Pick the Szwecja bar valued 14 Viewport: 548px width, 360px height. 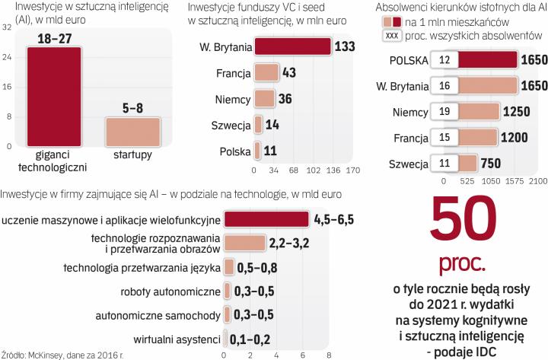click(259, 125)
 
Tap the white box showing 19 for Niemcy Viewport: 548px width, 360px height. click(444, 112)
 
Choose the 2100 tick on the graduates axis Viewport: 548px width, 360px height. click(538, 183)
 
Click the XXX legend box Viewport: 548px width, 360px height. click(392, 36)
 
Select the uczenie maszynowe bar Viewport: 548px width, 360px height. click(266, 219)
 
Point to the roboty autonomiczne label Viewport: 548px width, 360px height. click(170, 292)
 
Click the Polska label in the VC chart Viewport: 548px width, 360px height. click(234, 151)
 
